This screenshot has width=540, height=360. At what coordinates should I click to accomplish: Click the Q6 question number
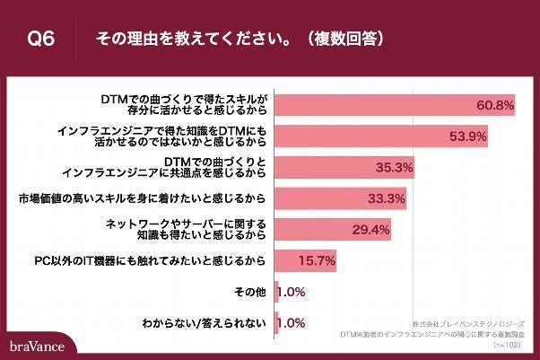[x=42, y=40]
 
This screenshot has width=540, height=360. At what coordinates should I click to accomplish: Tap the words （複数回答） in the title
[x=345, y=40]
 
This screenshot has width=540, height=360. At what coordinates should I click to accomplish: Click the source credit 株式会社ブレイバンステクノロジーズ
[x=469, y=321]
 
